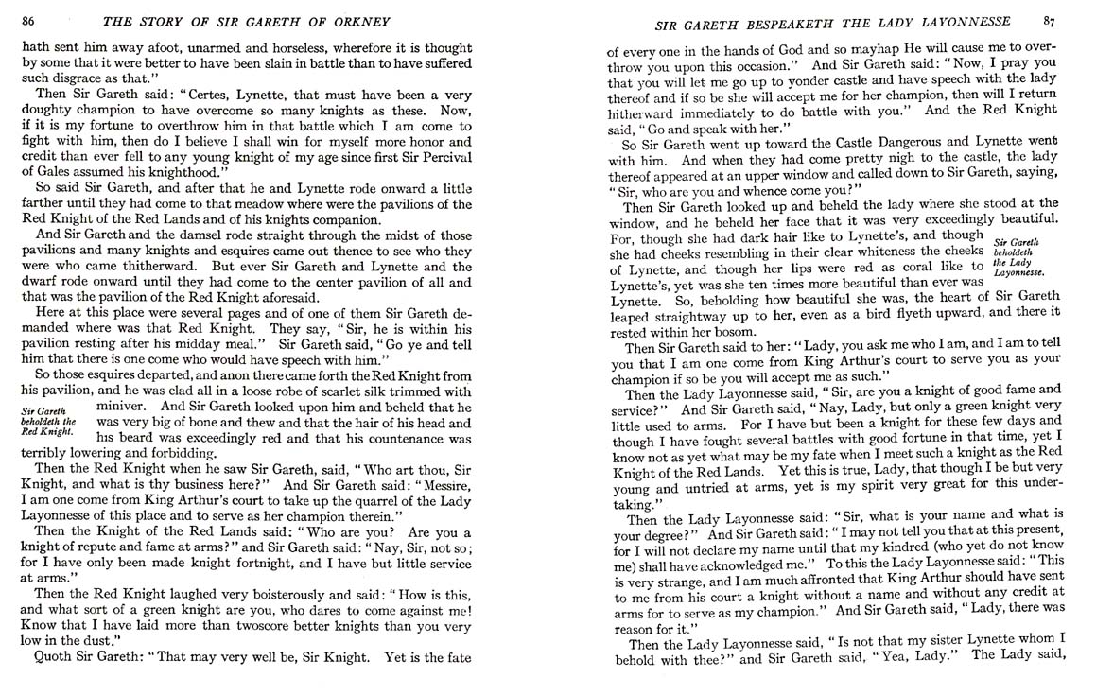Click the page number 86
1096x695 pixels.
[x=28, y=21]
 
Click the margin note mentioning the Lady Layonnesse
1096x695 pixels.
[x=1019, y=256]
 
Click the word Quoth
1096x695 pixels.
[x=55, y=658]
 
